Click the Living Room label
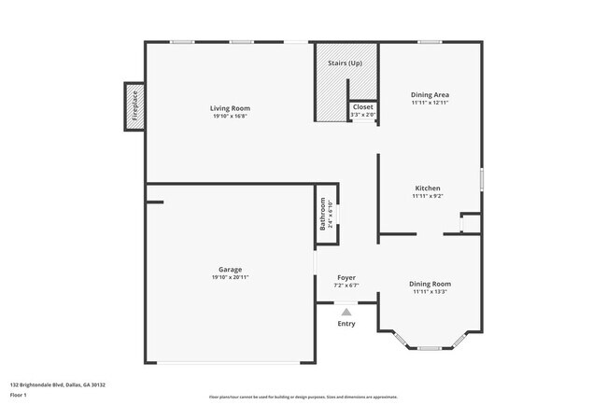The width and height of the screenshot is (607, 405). click(230, 108)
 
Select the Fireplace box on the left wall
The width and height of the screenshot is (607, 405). click(134, 105)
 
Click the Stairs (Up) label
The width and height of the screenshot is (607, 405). click(345, 63)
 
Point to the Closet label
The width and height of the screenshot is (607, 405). click(362, 107)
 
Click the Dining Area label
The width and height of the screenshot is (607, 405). click(431, 94)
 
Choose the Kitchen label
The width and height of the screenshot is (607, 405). click(427, 189)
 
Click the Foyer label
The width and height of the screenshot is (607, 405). click(346, 277)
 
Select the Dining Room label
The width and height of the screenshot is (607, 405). click(431, 284)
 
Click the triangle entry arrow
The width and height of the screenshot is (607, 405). click(346, 312)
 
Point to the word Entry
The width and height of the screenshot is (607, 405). click(346, 324)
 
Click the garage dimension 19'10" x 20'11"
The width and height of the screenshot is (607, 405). click(230, 277)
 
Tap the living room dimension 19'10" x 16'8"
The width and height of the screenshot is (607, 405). click(230, 116)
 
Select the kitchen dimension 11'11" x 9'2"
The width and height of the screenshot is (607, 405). click(427, 196)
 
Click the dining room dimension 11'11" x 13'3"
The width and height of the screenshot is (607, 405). click(431, 291)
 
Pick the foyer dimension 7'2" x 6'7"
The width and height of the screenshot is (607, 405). click(346, 285)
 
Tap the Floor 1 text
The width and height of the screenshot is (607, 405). click(19, 396)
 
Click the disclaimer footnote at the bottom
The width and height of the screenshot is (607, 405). click(303, 397)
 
